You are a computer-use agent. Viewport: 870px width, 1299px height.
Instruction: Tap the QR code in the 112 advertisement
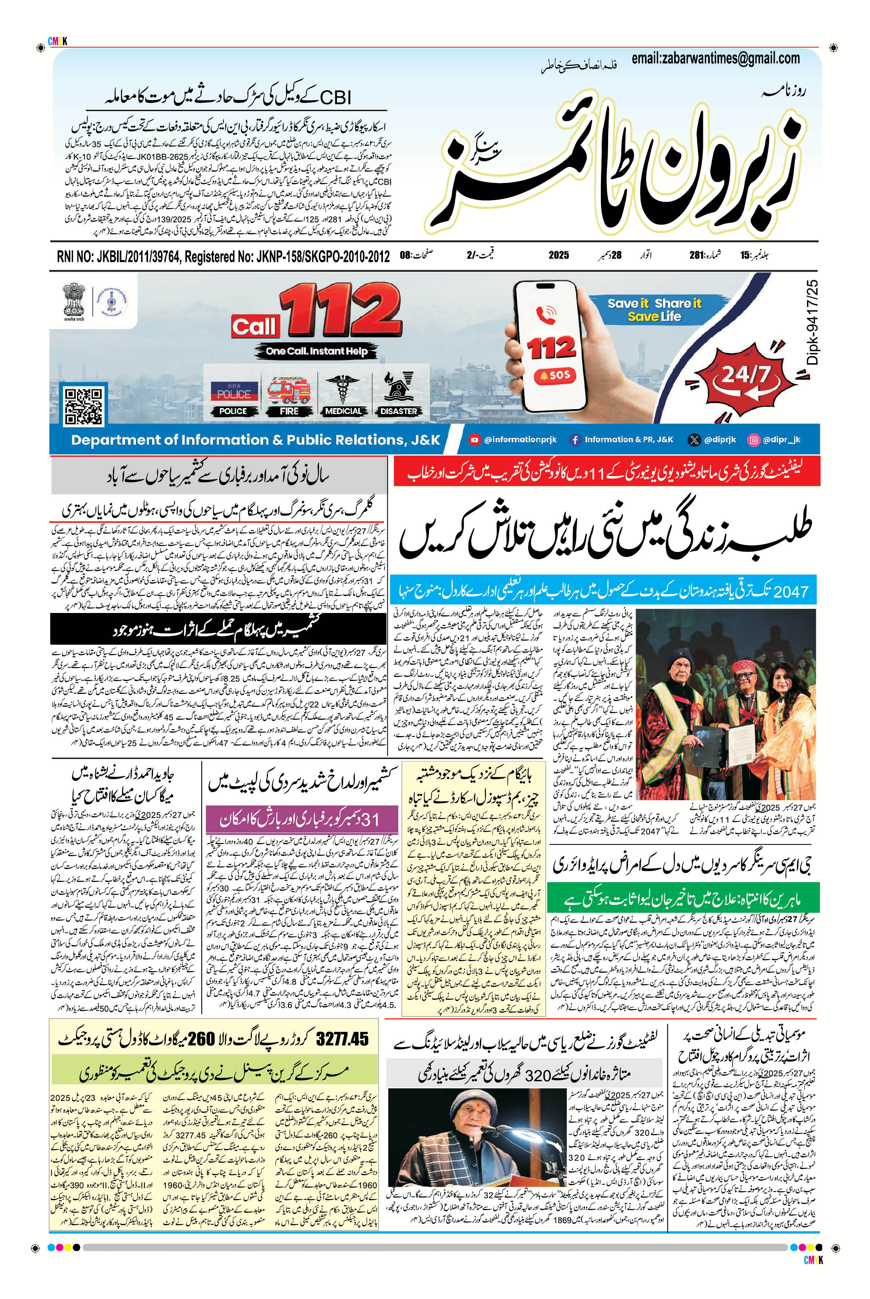[x=84, y=406]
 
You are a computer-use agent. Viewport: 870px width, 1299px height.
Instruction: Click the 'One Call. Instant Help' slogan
[x=316, y=351]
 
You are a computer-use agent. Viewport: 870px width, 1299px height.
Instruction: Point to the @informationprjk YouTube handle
[x=513, y=439]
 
